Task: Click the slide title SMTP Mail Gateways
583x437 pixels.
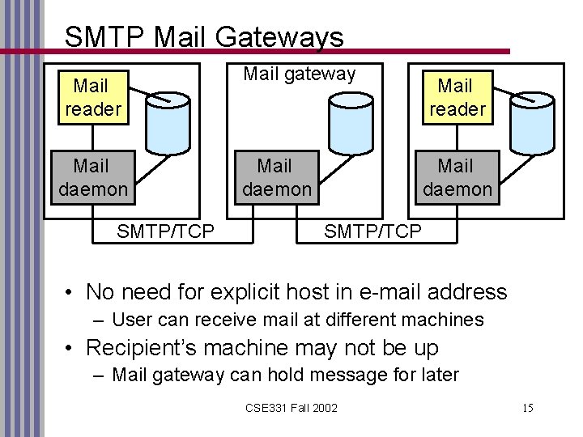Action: (203, 36)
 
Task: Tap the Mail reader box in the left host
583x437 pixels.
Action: (92, 97)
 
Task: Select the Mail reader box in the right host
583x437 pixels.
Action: (457, 97)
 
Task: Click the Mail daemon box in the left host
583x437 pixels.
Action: (91, 177)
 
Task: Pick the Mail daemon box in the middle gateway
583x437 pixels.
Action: (275, 177)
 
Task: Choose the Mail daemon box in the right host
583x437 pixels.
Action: (457, 177)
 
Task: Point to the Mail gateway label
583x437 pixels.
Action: (300, 74)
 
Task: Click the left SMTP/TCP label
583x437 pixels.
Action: (165, 231)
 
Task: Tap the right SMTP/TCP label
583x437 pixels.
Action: (372, 231)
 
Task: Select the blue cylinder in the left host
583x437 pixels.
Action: (168, 123)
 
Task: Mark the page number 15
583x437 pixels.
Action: (527, 408)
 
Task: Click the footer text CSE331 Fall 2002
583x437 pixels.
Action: (291, 408)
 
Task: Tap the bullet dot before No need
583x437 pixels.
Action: (72, 292)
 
